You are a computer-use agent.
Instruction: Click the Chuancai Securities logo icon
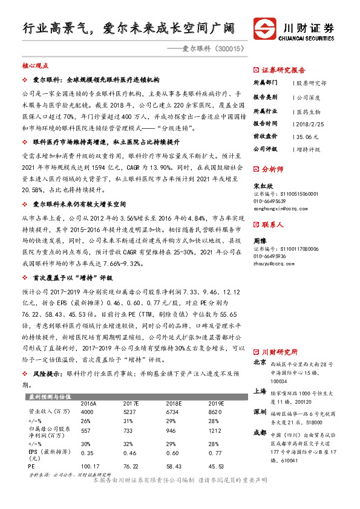(265, 28)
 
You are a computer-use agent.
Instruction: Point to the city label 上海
(260, 392)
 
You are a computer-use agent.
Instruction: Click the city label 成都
(260, 433)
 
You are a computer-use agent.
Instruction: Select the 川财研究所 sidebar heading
(280, 351)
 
